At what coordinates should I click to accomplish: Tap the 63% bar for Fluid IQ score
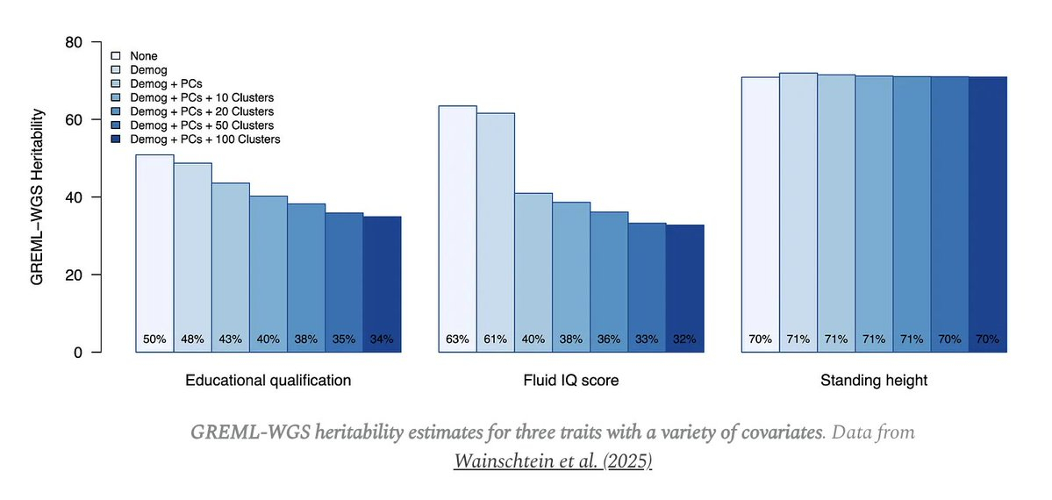click(x=457, y=228)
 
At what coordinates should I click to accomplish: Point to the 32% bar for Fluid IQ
click(x=684, y=289)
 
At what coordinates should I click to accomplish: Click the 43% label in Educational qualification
click(x=230, y=339)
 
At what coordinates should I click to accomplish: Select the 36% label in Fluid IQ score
click(x=608, y=339)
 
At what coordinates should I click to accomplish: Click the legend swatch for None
click(x=115, y=56)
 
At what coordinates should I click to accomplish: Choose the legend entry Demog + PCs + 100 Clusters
click(x=204, y=139)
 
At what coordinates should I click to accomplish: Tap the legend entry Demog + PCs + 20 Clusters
click(x=201, y=111)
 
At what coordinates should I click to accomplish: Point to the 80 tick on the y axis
click(x=76, y=41)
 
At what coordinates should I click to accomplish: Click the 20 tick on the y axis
click(x=76, y=275)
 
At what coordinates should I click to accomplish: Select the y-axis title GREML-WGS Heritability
click(x=37, y=196)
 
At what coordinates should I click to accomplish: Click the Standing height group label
click(x=873, y=381)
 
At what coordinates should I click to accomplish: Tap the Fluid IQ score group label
click(x=570, y=381)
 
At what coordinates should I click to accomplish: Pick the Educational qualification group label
click(x=268, y=381)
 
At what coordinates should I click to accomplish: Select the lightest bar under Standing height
click(x=760, y=214)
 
